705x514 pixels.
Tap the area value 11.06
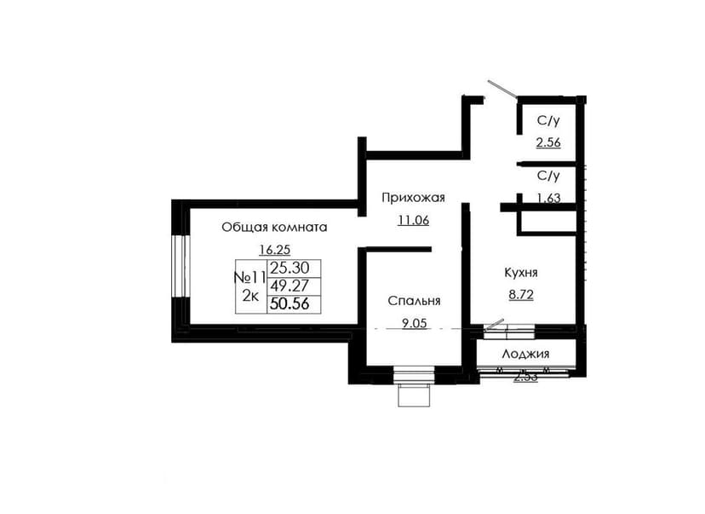click(x=413, y=221)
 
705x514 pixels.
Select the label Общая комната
click(x=274, y=228)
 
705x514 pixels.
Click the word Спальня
click(x=414, y=302)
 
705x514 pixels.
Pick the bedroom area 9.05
click(x=414, y=323)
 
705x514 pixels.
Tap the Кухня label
click(x=520, y=273)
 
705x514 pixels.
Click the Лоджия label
click(x=525, y=355)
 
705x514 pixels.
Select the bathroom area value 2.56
click(x=548, y=142)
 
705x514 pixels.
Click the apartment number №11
click(x=249, y=277)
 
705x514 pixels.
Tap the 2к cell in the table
click(x=250, y=296)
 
